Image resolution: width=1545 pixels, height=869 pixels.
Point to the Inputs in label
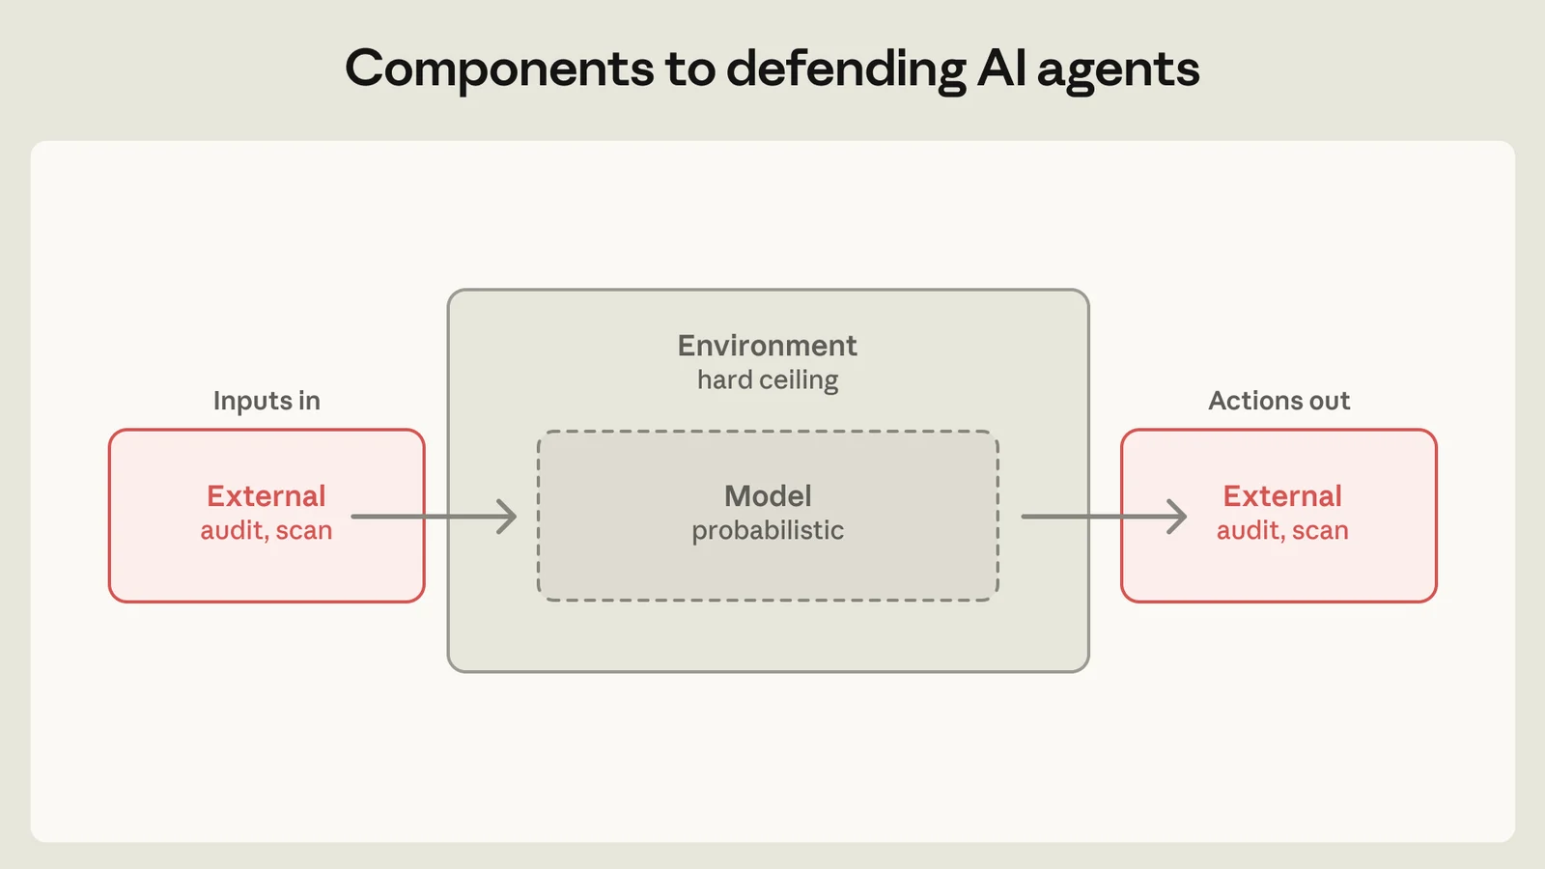(x=267, y=401)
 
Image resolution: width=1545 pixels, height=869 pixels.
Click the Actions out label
(x=1278, y=401)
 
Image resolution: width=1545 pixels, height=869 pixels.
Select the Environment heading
(x=767, y=346)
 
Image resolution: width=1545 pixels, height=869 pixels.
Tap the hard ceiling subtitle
(x=768, y=380)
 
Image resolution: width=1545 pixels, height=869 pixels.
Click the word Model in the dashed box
(x=768, y=496)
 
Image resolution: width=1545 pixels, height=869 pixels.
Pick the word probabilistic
(x=768, y=530)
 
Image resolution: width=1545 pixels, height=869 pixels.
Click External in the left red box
(x=267, y=496)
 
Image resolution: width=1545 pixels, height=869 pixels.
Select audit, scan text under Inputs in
(x=267, y=531)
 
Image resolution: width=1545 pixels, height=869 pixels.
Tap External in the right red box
(x=1282, y=496)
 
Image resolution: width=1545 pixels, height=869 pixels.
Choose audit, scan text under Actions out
(x=1282, y=531)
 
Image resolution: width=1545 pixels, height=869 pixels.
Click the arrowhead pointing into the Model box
(x=507, y=517)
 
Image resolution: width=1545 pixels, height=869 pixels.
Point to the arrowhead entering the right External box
(x=1177, y=517)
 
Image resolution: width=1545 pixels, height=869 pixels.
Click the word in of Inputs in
(x=309, y=401)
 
